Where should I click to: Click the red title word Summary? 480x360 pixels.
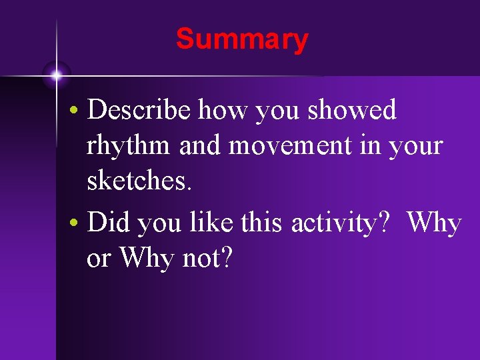coord(242,39)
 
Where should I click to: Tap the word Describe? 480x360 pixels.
coord(141,111)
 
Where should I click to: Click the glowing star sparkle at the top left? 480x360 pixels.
coord(57,75)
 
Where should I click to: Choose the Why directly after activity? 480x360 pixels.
coord(434,223)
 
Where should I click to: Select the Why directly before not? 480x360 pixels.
coord(147,259)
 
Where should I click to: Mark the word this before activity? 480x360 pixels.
coord(264,223)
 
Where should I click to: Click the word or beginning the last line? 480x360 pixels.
coord(99,260)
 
